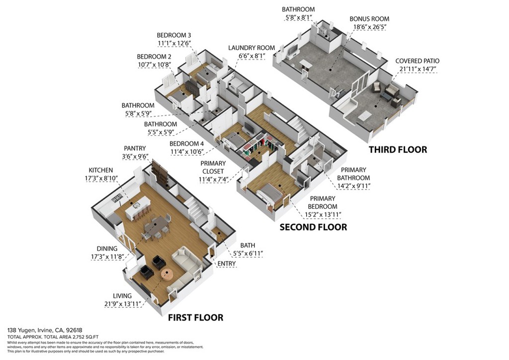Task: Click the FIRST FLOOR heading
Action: click(195, 317)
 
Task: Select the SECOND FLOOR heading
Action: click(313, 227)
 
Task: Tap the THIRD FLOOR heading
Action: click(398, 150)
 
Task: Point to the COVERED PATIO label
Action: click(417, 61)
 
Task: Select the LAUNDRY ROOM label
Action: click(251, 48)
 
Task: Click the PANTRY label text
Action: click(135, 148)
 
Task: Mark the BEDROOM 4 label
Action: click(186, 144)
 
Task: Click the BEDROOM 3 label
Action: click(174, 35)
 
